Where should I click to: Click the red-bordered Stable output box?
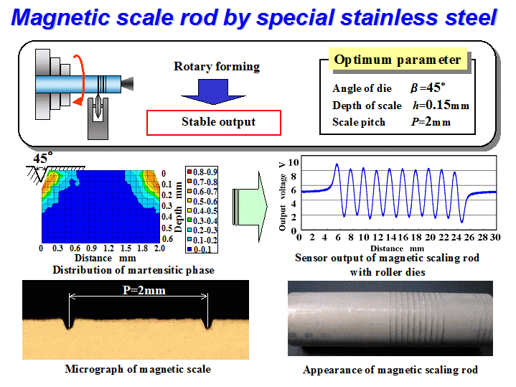click(x=214, y=123)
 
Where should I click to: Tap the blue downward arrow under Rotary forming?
click(x=213, y=92)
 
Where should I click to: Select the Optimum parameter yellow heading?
click(x=398, y=60)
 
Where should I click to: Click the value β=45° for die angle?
click(x=428, y=88)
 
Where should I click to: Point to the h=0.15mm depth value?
click(x=441, y=105)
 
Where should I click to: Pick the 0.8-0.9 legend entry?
click(x=202, y=172)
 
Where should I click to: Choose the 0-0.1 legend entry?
click(x=200, y=249)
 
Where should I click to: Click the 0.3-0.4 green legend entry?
click(x=202, y=220)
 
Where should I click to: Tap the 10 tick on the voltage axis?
click(x=294, y=162)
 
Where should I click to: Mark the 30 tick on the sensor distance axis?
click(x=495, y=237)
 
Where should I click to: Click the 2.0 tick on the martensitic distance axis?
click(x=159, y=248)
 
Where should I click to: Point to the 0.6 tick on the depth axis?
click(x=167, y=239)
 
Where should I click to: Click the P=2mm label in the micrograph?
click(x=144, y=290)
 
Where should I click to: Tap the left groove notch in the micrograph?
click(x=68, y=323)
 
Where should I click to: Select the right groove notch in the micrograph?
click(x=207, y=323)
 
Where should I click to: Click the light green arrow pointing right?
click(x=250, y=207)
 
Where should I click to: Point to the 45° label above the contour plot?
click(x=43, y=158)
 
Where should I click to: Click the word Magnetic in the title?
click(x=60, y=17)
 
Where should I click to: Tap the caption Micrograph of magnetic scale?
click(x=138, y=369)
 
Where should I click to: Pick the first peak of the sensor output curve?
click(x=337, y=164)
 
